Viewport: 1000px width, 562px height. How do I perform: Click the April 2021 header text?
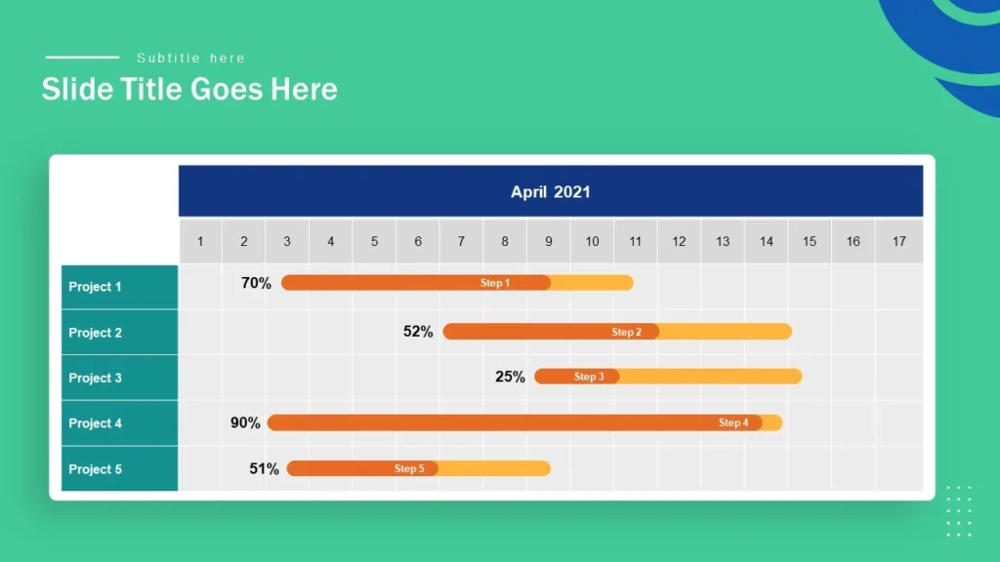pos(550,192)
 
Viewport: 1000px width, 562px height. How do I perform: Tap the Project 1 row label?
pos(95,287)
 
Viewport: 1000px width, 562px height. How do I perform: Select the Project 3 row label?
pos(95,378)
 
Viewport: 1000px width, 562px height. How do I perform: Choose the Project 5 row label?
pos(95,469)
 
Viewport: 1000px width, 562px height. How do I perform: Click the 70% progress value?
pos(256,283)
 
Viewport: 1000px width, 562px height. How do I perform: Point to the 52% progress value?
pos(418,332)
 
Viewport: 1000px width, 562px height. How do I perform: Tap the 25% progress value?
pos(510,377)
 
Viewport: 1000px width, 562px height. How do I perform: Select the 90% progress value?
pos(245,422)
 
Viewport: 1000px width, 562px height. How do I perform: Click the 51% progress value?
pos(264,468)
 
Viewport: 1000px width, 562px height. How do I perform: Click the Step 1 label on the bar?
pos(495,283)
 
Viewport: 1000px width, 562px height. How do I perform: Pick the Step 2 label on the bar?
pos(627,332)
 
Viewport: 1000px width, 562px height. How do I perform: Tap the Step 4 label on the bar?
pos(733,422)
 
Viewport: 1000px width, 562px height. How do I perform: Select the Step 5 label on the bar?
pos(409,468)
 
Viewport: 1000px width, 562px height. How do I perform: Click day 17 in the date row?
pos(898,241)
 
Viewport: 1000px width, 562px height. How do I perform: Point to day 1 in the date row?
pos(200,241)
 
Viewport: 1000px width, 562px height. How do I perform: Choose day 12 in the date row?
pos(679,241)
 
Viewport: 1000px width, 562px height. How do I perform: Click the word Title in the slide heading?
pos(150,90)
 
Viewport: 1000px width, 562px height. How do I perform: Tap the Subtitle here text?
pos(190,59)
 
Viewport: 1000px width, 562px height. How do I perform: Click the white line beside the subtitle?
pos(82,58)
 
